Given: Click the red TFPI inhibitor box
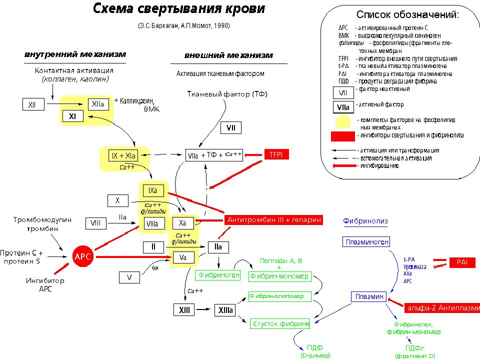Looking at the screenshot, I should coord(276,155).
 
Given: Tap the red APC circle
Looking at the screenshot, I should coord(82,256).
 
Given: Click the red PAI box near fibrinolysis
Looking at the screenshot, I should coord(461,262).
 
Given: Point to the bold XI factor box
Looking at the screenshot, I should coord(72,116).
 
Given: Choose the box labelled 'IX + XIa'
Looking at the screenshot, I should coord(123,156).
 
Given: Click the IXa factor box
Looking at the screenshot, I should coord(152,191).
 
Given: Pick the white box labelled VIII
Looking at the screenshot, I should coord(96,223).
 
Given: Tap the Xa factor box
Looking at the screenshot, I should coord(182,223).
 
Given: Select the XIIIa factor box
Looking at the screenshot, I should coord(225,310).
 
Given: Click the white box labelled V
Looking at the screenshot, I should coord(129,277).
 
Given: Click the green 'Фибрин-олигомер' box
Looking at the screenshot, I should coord(279,296).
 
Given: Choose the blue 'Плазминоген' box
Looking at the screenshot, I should coord(366,242).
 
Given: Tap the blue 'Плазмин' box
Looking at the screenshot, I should coord(369,296).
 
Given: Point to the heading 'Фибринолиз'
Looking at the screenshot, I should coord(365,221).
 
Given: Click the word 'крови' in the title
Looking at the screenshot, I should coord(241,9).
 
